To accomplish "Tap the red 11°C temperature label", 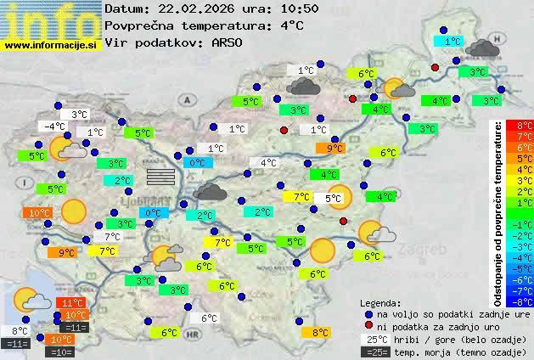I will (x=72, y=302).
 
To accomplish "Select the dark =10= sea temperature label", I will (x=62, y=351).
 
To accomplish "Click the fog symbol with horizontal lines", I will (x=160, y=176).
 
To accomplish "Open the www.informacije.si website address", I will (x=51, y=44).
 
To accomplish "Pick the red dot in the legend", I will (x=368, y=327).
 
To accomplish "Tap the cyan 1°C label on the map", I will (x=448, y=41).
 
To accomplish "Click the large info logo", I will (x=51, y=19).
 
